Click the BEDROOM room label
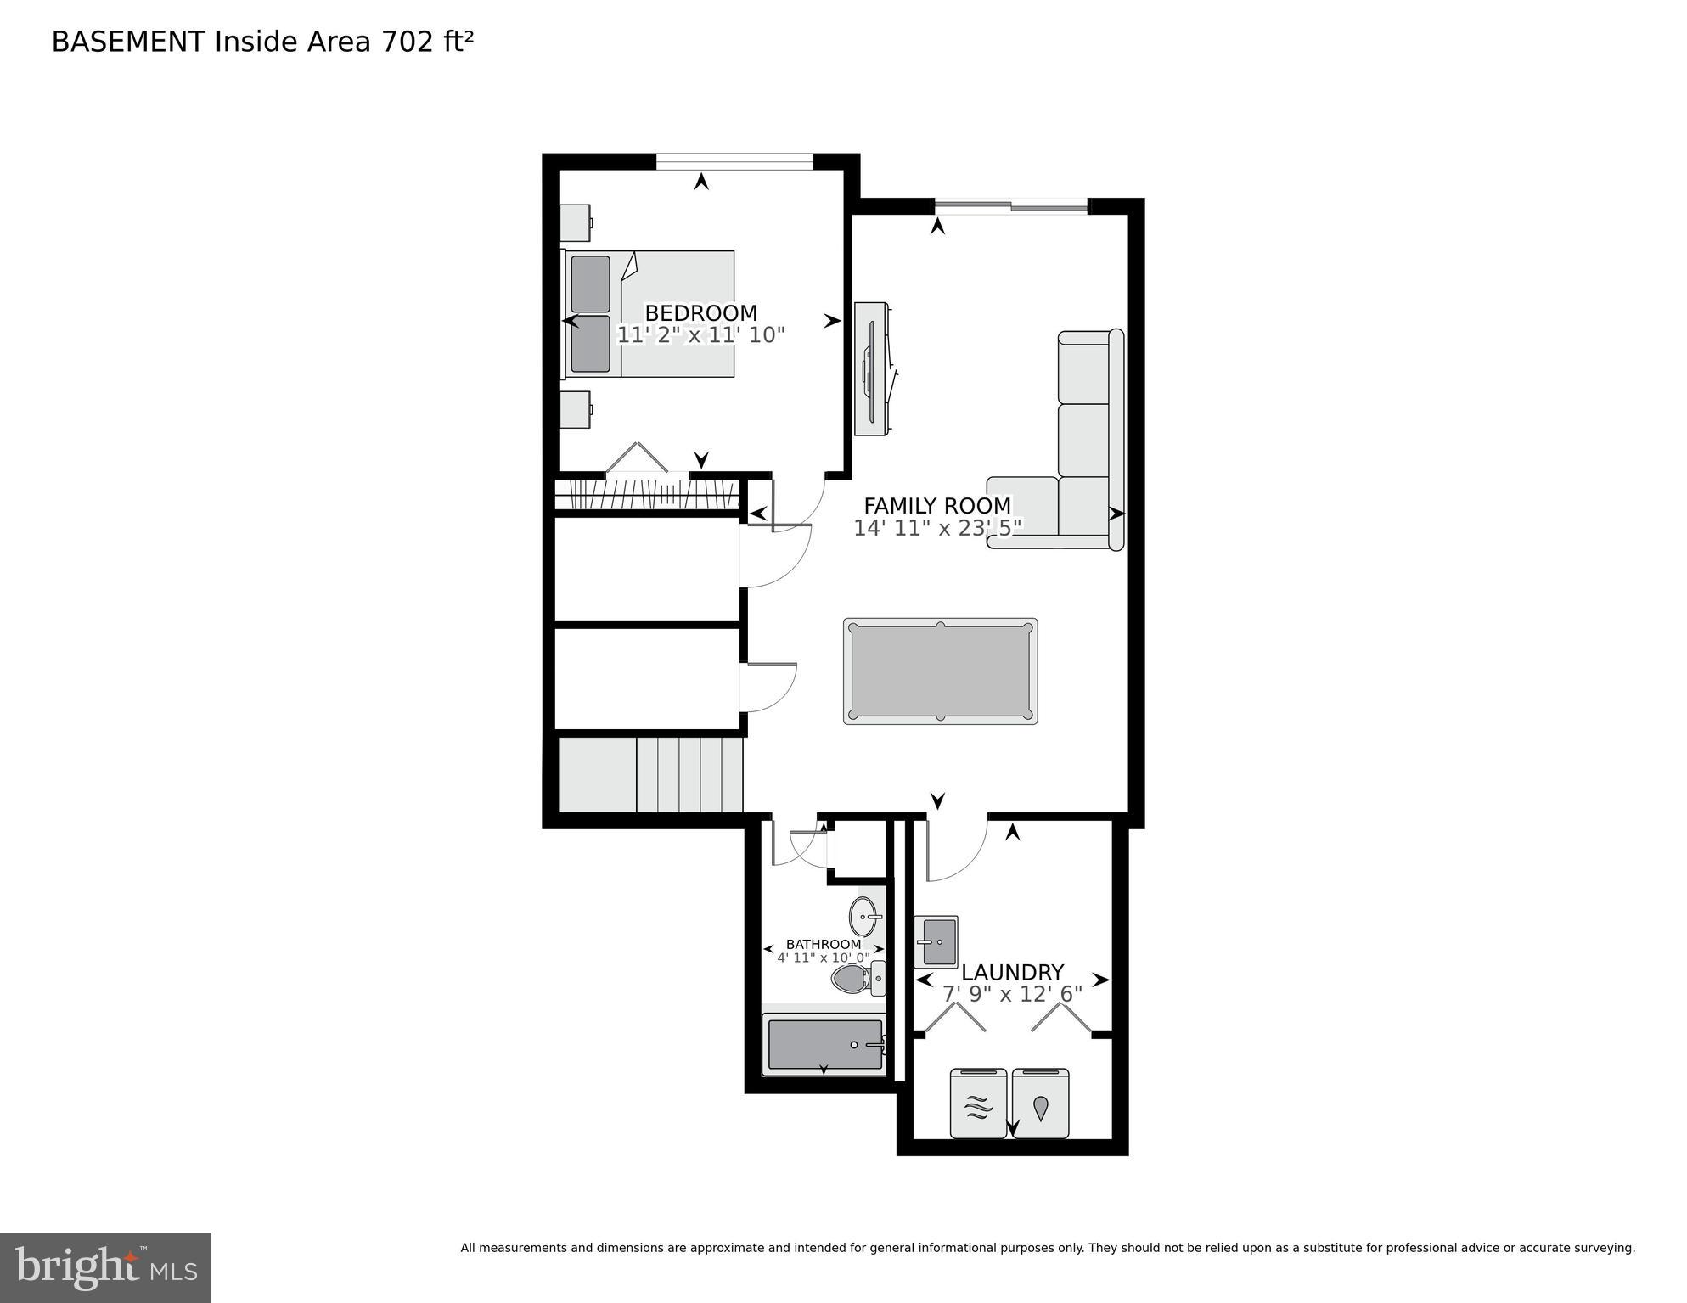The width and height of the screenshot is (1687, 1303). point(700,312)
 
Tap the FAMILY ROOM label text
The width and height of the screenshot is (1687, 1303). point(937,506)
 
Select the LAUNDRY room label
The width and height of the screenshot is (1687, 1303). point(1012,972)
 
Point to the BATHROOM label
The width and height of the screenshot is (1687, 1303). point(823,944)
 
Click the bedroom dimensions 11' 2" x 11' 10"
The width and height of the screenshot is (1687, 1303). point(700,335)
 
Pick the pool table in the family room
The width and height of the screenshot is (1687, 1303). point(940,671)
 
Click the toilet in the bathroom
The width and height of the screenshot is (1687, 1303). point(856,979)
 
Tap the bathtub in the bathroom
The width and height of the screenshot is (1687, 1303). point(824,1045)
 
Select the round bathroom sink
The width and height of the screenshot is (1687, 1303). point(864,916)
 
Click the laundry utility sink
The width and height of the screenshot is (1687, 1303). point(936,941)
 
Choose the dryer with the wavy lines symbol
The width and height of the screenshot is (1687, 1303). point(978,1103)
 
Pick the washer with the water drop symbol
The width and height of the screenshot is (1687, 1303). point(1040,1103)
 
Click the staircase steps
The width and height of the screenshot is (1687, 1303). point(689,774)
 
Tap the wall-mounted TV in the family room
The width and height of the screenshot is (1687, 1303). point(872,369)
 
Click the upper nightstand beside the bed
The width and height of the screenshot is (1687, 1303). point(576,222)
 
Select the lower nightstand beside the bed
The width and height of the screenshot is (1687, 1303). point(576,409)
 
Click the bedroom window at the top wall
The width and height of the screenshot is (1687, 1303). point(734,160)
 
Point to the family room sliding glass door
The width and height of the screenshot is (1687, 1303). point(1010,205)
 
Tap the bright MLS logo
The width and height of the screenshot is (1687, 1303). point(105,1268)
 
